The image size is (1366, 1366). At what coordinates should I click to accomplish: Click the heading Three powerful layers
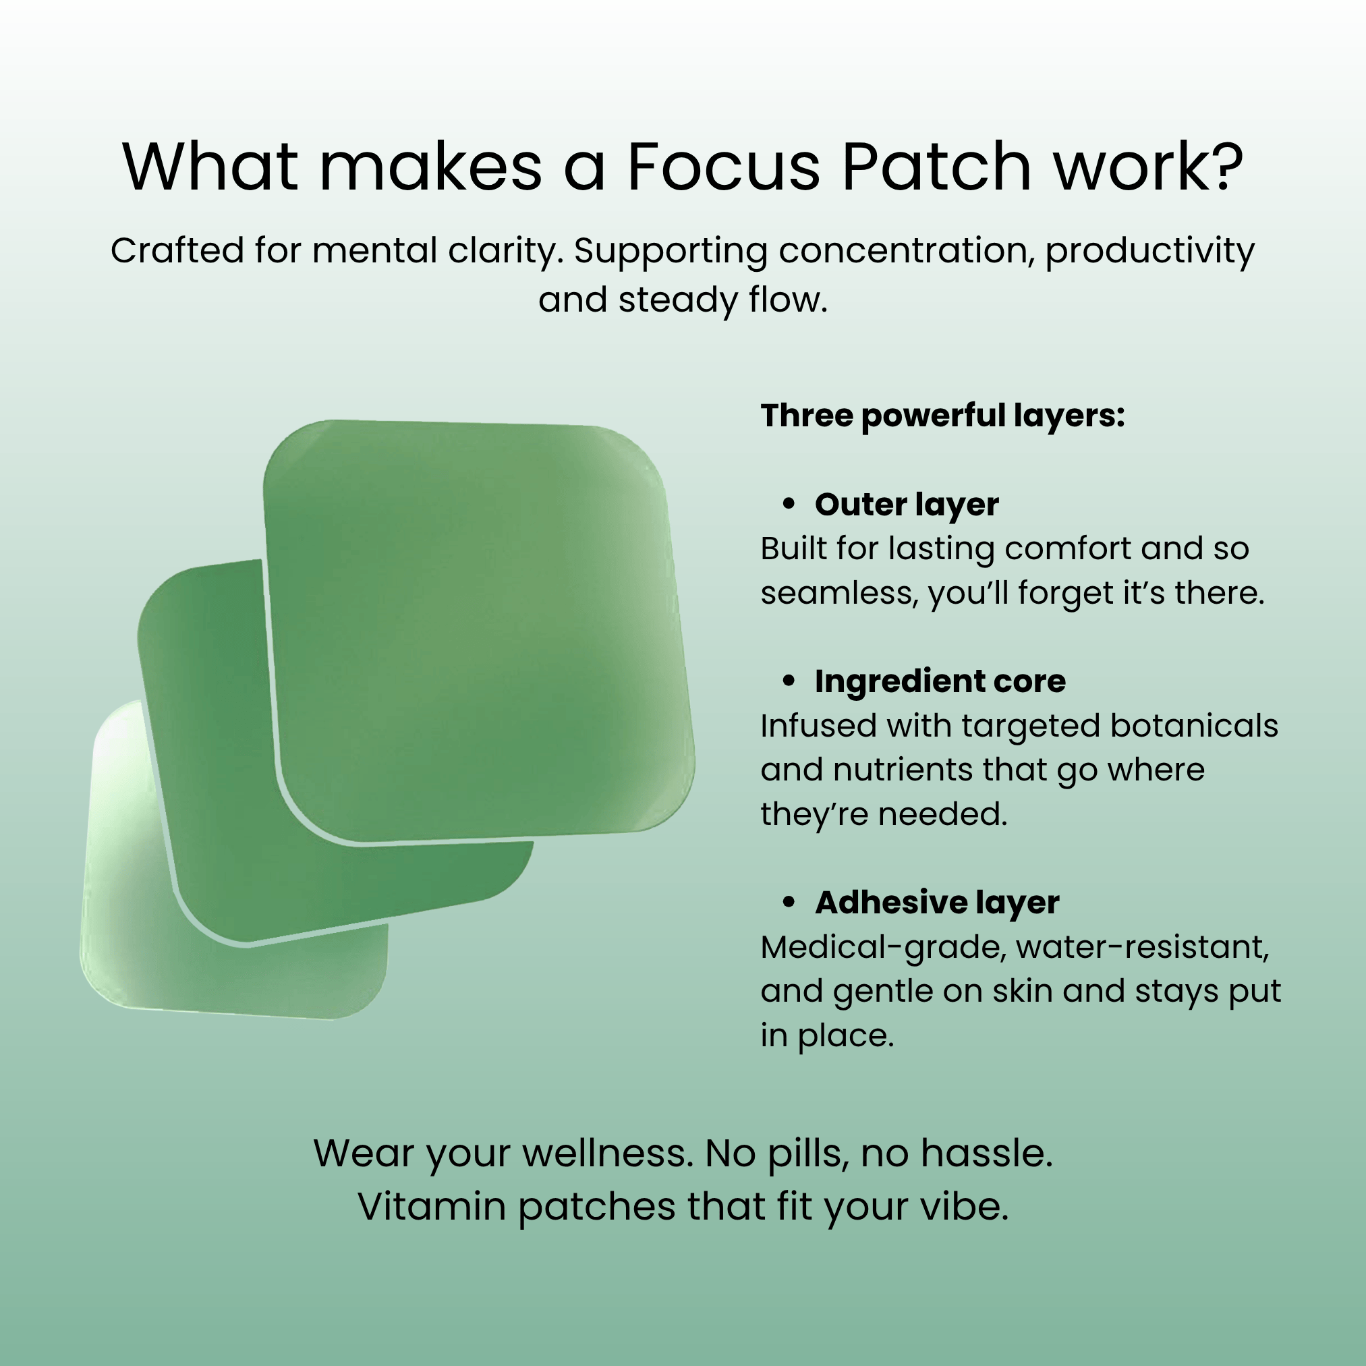(x=942, y=416)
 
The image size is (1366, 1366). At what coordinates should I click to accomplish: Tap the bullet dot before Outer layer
(x=789, y=503)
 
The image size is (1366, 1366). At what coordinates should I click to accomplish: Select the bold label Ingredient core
(x=940, y=681)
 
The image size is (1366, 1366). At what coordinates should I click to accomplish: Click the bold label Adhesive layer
(x=937, y=903)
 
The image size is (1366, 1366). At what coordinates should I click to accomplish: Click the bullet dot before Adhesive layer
(x=789, y=903)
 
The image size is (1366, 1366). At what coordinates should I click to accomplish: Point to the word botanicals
(x=1194, y=725)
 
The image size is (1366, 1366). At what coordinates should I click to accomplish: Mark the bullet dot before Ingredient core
(x=789, y=681)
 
